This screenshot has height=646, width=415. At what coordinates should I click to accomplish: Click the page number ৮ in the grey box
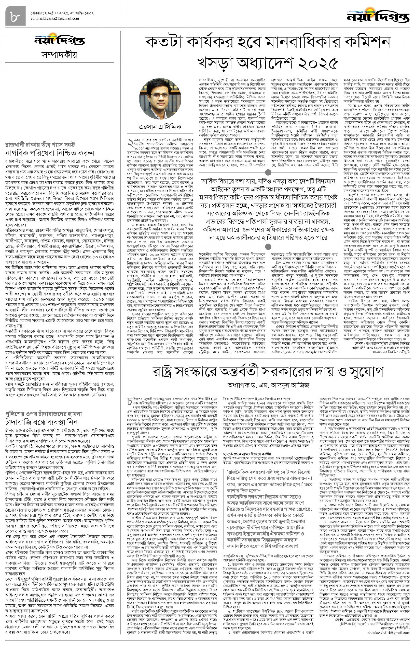15,16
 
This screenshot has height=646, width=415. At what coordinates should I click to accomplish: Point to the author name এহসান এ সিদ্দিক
160,127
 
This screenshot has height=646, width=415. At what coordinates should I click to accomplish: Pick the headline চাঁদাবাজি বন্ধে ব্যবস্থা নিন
41,421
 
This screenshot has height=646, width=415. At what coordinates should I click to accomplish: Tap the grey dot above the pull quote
268,172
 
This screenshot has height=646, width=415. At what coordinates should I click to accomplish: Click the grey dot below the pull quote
268,247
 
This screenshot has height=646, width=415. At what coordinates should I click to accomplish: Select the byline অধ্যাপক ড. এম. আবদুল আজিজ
268,385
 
